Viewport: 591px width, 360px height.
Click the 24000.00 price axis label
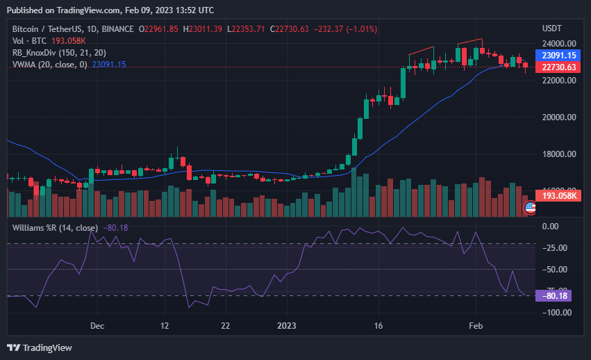[558, 43]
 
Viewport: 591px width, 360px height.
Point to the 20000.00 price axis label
[558, 117]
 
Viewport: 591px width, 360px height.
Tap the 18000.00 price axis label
[558, 154]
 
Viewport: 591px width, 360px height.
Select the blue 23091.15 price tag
[559, 55]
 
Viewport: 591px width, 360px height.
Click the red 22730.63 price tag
[559, 67]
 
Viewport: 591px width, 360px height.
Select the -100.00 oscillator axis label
[556, 312]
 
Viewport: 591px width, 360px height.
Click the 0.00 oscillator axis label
[550, 226]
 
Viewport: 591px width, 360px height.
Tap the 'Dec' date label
[97, 325]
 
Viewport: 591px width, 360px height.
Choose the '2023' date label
[286, 325]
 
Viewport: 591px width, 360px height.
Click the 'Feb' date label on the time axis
[476, 325]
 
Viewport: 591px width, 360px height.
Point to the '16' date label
[378, 325]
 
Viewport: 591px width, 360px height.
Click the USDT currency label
[551, 28]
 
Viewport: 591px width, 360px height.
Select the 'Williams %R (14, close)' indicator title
[55, 227]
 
